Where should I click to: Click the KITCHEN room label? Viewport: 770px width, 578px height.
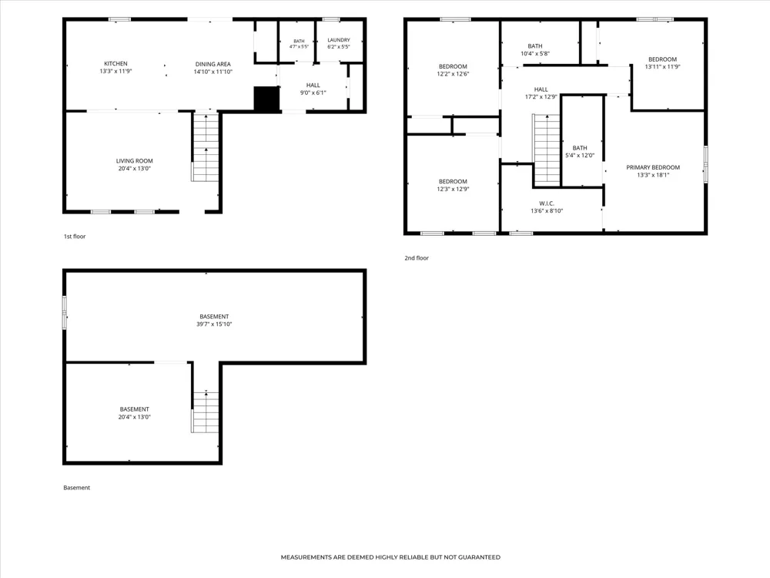pos(116,63)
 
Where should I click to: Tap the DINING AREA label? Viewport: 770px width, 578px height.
pos(213,64)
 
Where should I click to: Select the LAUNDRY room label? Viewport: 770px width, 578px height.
pos(339,40)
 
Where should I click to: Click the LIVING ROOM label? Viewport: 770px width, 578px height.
pos(134,161)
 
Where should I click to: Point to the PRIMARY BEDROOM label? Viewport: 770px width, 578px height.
pos(653,167)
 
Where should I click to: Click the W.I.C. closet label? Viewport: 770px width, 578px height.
pos(547,203)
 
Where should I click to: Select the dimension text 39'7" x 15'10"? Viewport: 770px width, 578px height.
pos(214,324)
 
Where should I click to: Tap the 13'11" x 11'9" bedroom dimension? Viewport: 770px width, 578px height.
pos(662,67)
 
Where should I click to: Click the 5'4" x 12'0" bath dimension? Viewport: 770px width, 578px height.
pos(580,156)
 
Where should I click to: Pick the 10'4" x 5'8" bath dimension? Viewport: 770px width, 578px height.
pos(535,54)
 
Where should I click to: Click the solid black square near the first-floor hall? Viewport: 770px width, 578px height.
pos(266,99)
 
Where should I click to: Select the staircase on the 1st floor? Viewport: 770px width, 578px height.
pos(206,147)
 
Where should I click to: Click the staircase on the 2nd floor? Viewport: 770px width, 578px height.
pos(546,150)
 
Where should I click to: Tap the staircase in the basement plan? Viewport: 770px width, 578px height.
pos(206,412)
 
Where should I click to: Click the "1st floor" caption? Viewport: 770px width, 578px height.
pos(75,237)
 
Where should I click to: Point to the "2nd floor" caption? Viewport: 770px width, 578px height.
pos(417,258)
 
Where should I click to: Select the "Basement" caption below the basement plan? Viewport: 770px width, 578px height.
pos(76,488)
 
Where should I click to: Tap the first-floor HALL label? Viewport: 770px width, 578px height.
pos(313,85)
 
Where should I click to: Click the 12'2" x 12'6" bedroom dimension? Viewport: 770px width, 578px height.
pos(453,74)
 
